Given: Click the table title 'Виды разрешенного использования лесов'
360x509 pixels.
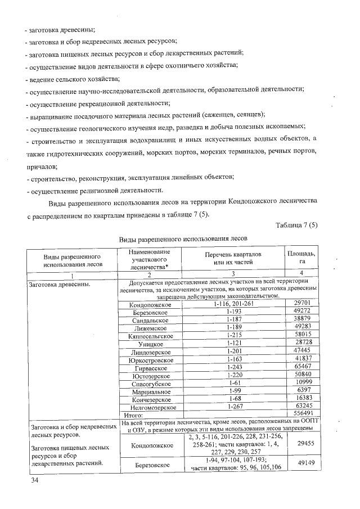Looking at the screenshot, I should coord(183,238).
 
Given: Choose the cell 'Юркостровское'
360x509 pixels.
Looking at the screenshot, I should coord(148,360).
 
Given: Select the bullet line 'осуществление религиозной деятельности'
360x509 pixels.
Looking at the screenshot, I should coord(96,190).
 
